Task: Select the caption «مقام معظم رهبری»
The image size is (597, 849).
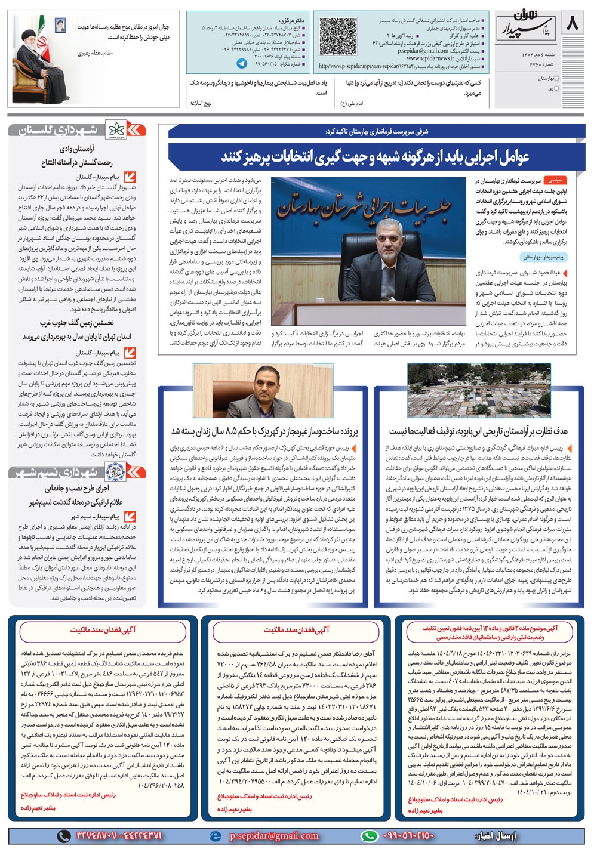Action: pyautogui.click(x=95, y=54)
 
